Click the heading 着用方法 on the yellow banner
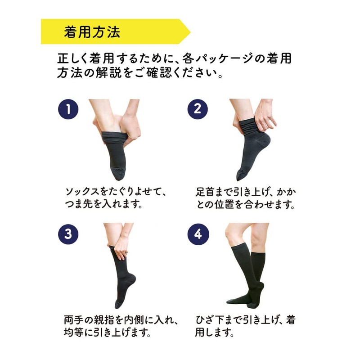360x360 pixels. pyautogui.click(x=92, y=31)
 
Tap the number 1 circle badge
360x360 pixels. pyautogui.click(x=68, y=109)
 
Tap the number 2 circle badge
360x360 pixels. pyautogui.click(x=197, y=109)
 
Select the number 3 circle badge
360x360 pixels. pyautogui.click(x=68, y=234)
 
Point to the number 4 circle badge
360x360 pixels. pyautogui.click(x=197, y=234)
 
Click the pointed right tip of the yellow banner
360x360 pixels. pyautogui.click(x=189, y=31)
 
